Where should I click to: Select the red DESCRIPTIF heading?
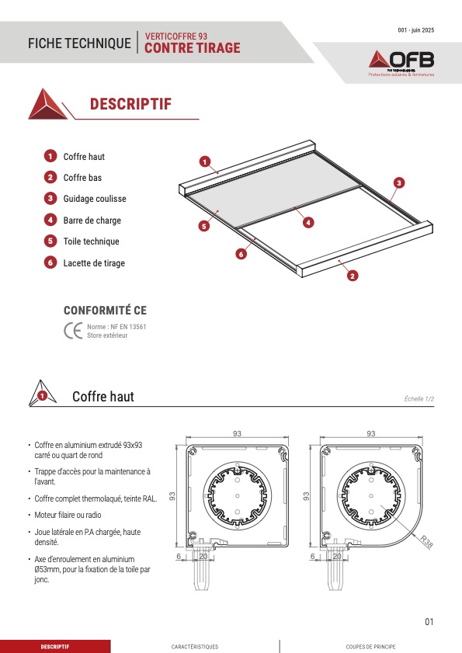130,104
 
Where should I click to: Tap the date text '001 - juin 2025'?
415,30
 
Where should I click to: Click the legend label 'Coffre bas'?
82,178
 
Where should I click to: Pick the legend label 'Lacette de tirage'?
94,263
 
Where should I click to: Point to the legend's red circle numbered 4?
50,220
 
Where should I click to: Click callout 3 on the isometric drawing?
398,182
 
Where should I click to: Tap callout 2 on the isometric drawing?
353,276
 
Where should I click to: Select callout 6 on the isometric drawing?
241,254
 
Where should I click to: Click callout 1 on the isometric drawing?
204,162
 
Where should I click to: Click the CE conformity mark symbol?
73,331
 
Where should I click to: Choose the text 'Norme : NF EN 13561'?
116,327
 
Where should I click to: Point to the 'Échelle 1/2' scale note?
419,399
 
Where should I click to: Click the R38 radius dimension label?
426,541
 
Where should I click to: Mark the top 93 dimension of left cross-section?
237,433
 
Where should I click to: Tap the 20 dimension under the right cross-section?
337,557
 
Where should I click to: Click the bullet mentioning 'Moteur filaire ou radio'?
68,515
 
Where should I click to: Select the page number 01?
429,622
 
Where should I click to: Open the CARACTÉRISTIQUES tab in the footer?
195,647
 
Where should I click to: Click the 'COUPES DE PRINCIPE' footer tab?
371,647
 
